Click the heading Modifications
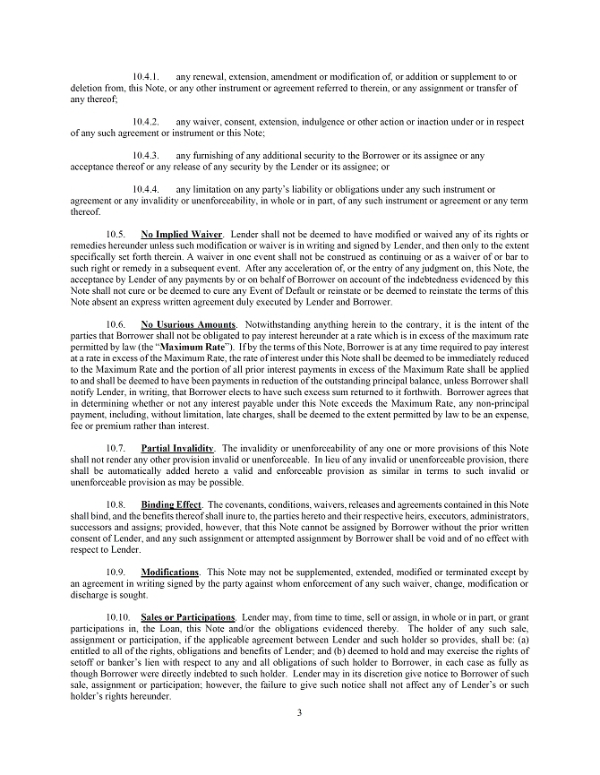click(x=170, y=571)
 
